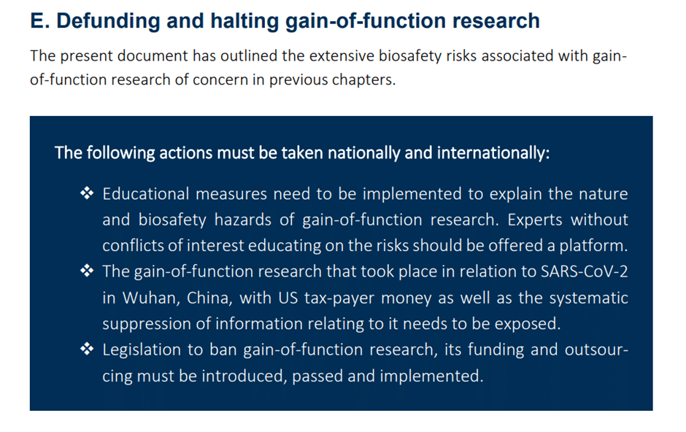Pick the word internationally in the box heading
point(493,153)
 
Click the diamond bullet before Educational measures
point(87,193)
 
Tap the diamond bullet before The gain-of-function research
point(87,271)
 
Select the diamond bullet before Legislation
point(87,349)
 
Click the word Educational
point(146,193)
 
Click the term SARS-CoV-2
point(585,271)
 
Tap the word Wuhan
point(151,298)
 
